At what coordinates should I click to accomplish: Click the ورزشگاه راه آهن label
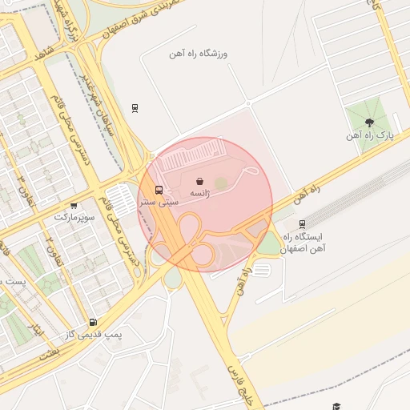[x=199, y=54]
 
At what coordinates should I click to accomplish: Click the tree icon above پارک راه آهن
[x=368, y=123]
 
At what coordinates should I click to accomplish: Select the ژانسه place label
[x=199, y=194]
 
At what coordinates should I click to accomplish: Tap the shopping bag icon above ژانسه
[x=199, y=181]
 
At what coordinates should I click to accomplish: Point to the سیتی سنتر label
[x=159, y=203]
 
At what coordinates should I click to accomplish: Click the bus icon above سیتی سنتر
[x=159, y=191]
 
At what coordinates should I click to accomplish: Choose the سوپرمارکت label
[x=74, y=218]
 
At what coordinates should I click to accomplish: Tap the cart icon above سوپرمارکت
[x=74, y=206]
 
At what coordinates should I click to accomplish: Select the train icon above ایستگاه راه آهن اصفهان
[x=302, y=224]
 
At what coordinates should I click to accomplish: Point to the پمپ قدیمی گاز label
[x=94, y=335]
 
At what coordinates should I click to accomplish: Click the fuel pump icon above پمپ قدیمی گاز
[x=94, y=322]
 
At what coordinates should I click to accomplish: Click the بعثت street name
[x=50, y=352]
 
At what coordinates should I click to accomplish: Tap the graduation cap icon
[x=337, y=406]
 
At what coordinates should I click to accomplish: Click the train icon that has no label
[x=135, y=107]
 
